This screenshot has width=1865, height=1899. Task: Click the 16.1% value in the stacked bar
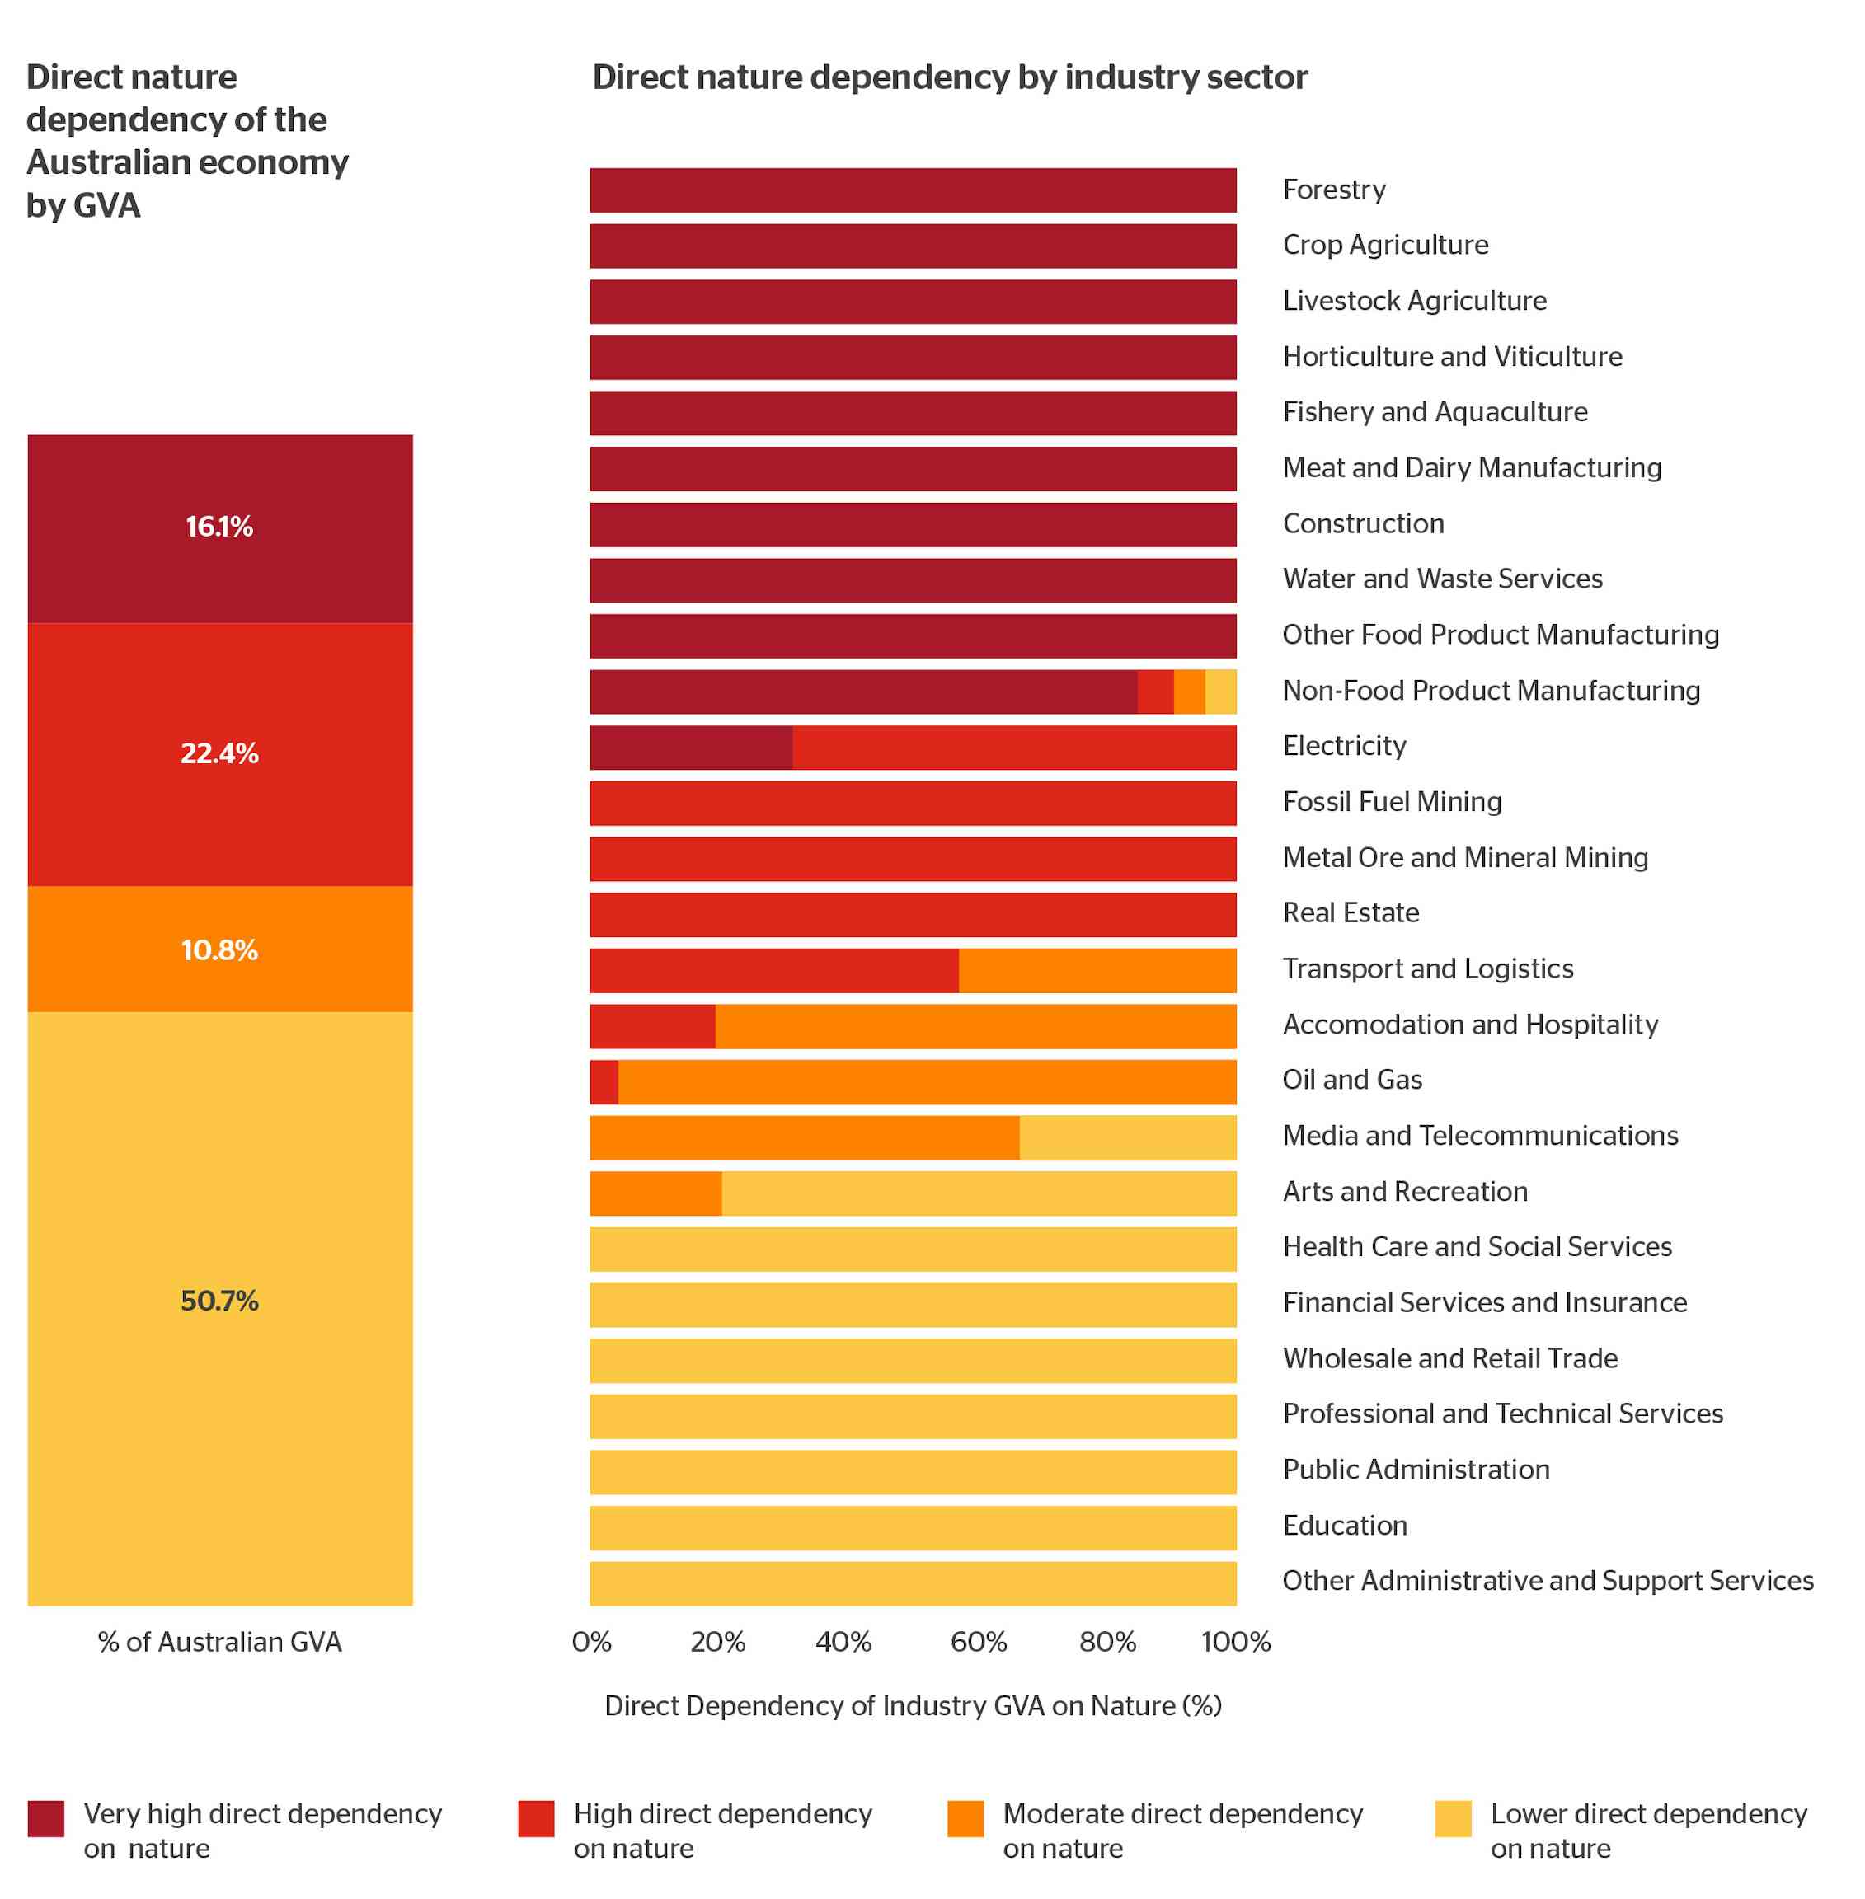click(x=219, y=527)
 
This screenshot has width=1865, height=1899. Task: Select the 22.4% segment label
click(x=219, y=753)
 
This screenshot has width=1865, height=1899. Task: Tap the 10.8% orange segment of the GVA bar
click(x=219, y=950)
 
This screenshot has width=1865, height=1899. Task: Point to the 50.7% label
click(x=219, y=1301)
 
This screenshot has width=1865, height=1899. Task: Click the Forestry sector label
click(x=1334, y=189)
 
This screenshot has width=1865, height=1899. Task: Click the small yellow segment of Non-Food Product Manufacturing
click(x=1220, y=692)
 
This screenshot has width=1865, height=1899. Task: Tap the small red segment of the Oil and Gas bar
click(x=604, y=1081)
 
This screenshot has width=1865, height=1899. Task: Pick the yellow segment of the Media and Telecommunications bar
click(x=1127, y=1137)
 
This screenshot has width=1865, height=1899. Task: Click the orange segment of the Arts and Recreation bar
click(x=655, y=1193)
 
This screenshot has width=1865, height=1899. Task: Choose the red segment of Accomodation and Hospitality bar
click(x=652, y=1025)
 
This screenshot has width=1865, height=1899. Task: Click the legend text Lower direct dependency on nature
click(x=1647, y=1831)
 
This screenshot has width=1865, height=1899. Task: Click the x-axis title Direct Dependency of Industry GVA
click(x=913, y=1706)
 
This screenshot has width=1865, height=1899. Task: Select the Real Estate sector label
click(x=1351, y=912)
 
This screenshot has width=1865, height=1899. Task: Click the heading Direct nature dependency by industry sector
click(x=949, y=77)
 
